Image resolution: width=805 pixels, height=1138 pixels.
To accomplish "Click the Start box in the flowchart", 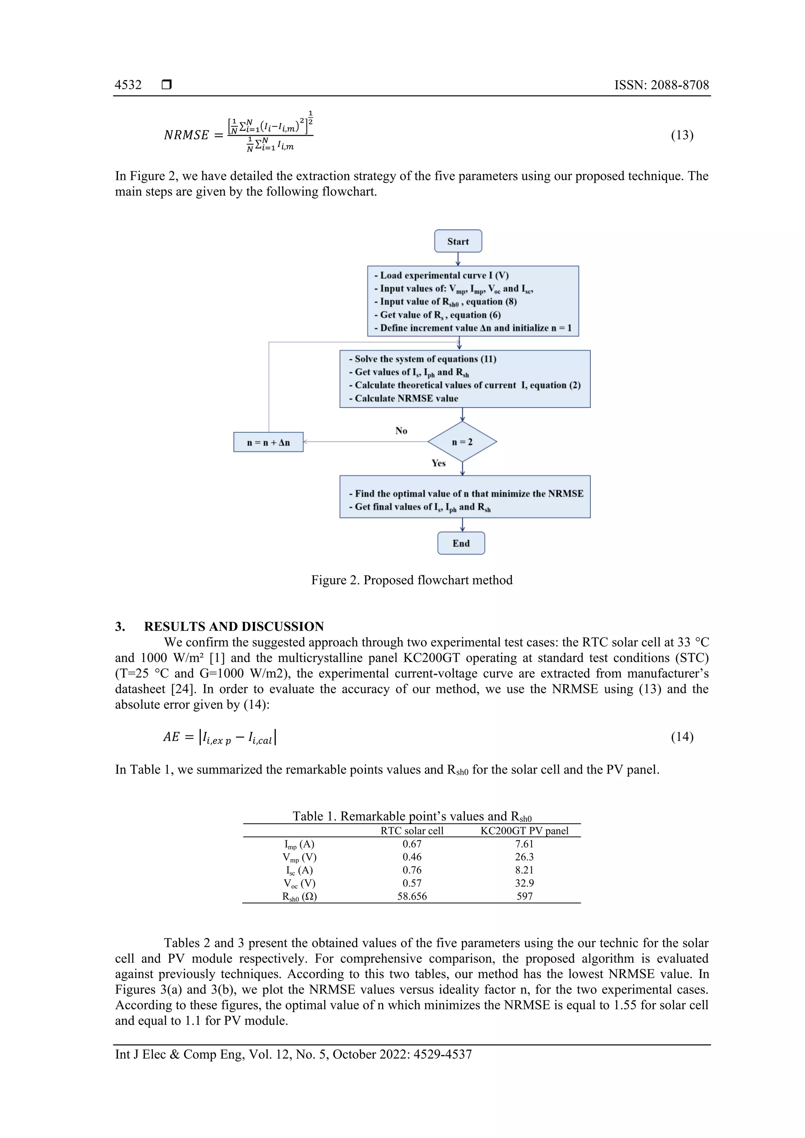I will [458, 241].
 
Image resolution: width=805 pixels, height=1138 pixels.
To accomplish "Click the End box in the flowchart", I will [461, 543].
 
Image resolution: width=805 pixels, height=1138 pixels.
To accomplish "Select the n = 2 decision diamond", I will [462, 442].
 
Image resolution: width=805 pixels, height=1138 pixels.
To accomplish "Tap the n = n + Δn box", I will [268, 442].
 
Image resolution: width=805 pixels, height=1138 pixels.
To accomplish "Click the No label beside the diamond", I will [401, 431].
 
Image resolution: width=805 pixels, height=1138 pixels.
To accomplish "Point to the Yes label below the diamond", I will [438, 463].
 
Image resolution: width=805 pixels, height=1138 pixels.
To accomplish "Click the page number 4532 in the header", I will [128, 85].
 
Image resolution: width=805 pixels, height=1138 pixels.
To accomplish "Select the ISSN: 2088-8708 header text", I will [661, 85].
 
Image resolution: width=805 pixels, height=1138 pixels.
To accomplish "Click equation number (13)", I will [682, 135].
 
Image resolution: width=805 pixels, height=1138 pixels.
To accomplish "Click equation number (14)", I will [682, 737].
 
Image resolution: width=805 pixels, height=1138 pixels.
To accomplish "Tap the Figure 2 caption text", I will [412, 580].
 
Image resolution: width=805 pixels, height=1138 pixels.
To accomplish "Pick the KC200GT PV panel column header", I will [524, 831].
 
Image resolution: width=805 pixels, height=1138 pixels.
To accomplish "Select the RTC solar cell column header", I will [412, 831].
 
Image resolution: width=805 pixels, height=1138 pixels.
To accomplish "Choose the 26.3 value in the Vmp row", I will [524, 857].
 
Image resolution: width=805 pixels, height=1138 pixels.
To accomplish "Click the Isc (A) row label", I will [299, 870].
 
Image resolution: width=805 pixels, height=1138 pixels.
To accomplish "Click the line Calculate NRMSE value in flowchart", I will [406, 398].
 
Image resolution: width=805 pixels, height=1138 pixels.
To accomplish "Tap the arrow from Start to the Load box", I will [458, 259].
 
